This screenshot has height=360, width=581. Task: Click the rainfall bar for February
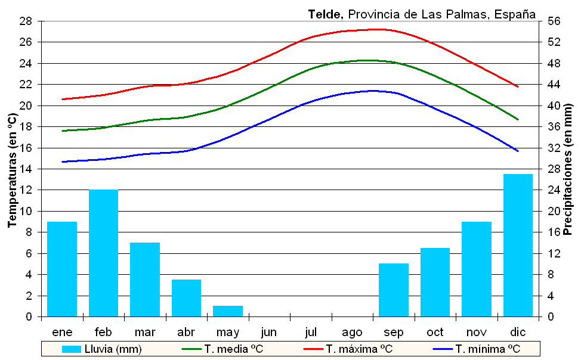pos(103,253)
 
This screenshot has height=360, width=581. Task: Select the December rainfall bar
pos(518,246)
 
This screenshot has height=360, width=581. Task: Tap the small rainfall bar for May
pos(228,311)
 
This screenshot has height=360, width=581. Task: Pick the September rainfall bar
pos(394,290)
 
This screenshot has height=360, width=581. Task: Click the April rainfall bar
pos(186,298)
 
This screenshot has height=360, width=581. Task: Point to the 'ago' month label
pos(353,331)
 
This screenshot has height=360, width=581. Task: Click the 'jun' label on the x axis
pos(269,331)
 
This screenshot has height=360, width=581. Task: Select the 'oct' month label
pos(435,331)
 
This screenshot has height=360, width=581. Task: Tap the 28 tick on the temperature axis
pos(26,21)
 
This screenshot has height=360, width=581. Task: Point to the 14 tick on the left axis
pos(26,169)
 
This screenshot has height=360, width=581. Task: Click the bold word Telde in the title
pos(326,14)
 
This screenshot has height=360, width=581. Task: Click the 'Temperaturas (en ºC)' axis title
pos(11,169)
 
